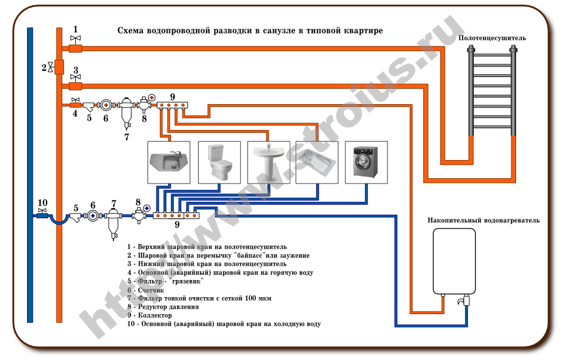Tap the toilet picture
[219, 162]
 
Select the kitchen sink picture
[168, 162]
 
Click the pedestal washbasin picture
[269, 162]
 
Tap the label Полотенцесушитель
[492, 38]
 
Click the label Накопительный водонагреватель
[483, 221]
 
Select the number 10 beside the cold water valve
[42, 203]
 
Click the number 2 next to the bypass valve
[43, 67]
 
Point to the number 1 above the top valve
[75, 29]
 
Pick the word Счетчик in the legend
[151, 290]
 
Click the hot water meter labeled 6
[106, 105]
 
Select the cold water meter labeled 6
[93, 216]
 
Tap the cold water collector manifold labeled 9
[176, 216]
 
